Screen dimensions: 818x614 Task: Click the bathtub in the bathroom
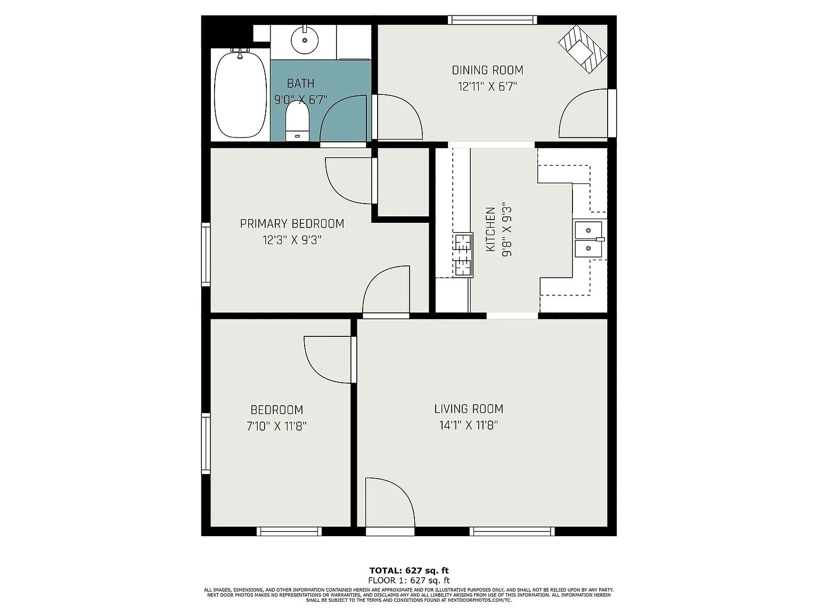241,95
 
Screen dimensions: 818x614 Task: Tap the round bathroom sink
305,39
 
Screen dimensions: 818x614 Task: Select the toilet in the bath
297,121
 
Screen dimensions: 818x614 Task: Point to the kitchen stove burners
463,255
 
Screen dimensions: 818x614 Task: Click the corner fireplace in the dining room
583,49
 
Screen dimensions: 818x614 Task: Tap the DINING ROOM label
487,70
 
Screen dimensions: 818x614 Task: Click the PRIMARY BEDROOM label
292,224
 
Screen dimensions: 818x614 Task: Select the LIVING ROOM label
469,409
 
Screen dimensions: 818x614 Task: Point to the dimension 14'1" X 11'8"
469,425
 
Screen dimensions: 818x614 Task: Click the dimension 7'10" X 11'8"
276,426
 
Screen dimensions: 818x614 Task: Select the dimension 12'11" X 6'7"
487,87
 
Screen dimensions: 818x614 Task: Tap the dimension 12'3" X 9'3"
292,240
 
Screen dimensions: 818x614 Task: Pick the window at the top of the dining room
492,20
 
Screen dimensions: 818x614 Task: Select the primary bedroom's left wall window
206,255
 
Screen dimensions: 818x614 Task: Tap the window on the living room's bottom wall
512,531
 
